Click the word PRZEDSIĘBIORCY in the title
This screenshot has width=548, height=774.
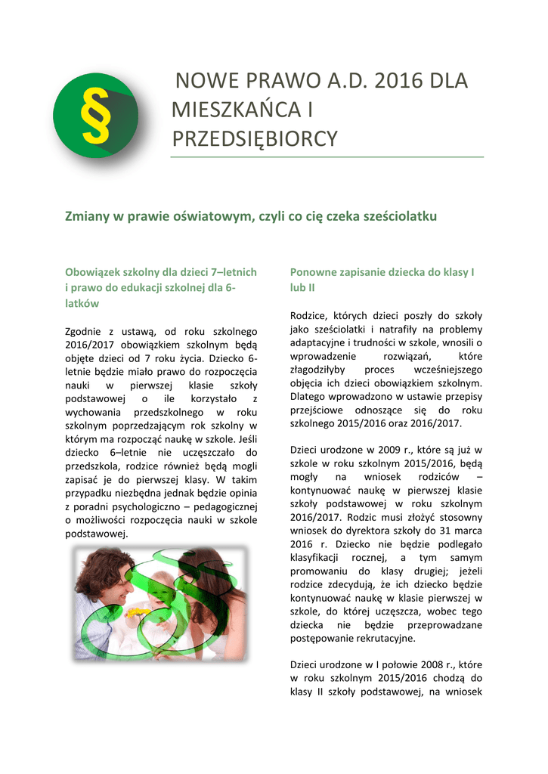255,139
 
